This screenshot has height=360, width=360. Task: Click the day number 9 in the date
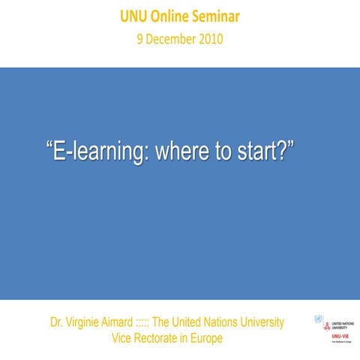pos(139,38)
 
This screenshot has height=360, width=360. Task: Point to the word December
pos(169,38)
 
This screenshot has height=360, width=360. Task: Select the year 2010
pos(210,38)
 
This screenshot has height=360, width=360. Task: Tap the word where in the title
pos(179,150)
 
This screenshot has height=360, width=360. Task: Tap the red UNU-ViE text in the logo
pos(339,336)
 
